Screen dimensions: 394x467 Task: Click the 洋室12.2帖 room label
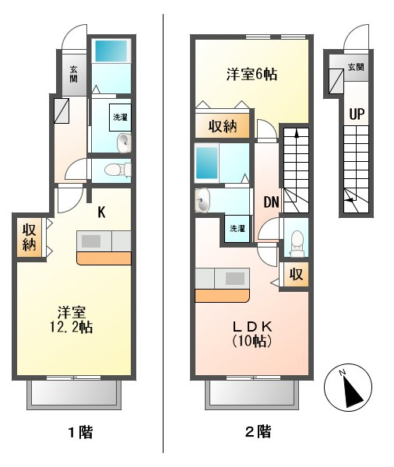pos(71,320)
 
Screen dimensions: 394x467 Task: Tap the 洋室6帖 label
pos(252,74)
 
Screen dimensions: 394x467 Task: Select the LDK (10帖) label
pos(252,334)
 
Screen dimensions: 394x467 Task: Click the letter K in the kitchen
pos(101,212)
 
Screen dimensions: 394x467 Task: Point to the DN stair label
pos(271,202)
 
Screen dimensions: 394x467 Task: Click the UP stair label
pos(357,114)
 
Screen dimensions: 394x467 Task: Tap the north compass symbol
pos(348,388)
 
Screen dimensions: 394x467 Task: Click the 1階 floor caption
pos(81,432)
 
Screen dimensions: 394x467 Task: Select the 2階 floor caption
pos(258,431)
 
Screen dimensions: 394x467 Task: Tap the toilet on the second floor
pos(296,242)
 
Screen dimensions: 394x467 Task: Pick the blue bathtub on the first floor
pos(111,51)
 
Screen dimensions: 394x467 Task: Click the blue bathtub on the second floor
pos(206,163)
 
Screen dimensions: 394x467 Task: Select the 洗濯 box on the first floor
pos(120,118)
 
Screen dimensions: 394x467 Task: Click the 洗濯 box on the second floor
pos(237,228)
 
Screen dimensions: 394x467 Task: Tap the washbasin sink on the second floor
pos(202,201)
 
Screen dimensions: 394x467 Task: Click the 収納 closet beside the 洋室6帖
pos(223,126)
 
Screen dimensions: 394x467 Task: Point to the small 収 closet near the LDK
pos(296,274)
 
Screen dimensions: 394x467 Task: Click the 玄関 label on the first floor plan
pos(74,75)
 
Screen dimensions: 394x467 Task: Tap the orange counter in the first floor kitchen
pos(104,258)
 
